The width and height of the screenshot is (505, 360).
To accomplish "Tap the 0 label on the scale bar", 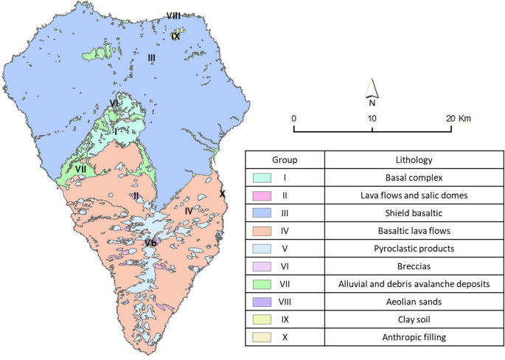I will click(x=293, y=119).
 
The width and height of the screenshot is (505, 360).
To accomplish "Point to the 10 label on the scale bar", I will click(x=372, y=119).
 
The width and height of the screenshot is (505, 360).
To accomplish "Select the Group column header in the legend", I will click(x=284, y=160).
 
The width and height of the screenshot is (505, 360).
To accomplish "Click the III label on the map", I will click(x=151, y=58).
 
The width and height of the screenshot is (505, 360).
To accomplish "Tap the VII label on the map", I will click(x=81, y=169).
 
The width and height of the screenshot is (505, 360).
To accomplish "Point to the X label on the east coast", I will click(x=222, y=194).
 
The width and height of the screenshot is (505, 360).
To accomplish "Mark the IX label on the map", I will click(x=175, y=35).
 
